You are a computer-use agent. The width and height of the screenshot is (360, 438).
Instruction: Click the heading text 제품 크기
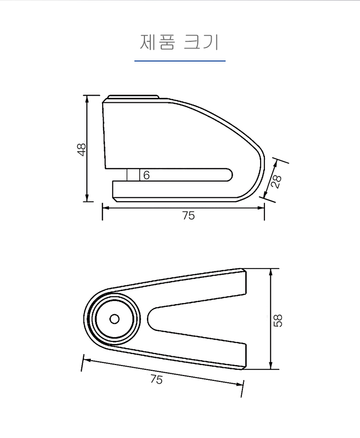point(179,42)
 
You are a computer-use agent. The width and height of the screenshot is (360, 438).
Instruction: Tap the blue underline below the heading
point(180,61)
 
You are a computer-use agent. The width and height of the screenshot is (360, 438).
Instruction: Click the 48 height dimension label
point(81,149)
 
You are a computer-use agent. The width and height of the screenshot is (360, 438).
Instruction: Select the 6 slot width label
point(146,175)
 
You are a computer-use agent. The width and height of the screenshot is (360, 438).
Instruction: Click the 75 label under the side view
point(189,216)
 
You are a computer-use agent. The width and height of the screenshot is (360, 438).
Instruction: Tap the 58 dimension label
point(278,320)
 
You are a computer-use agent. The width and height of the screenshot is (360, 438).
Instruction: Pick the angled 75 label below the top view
point(156,379)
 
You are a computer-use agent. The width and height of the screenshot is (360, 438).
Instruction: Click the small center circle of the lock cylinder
point(115,319)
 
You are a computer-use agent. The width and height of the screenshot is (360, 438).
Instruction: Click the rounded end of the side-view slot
point(229,175)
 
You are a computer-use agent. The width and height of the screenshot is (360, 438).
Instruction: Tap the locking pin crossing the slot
point(133,175)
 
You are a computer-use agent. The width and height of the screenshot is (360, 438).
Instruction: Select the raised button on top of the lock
point(133,97)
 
